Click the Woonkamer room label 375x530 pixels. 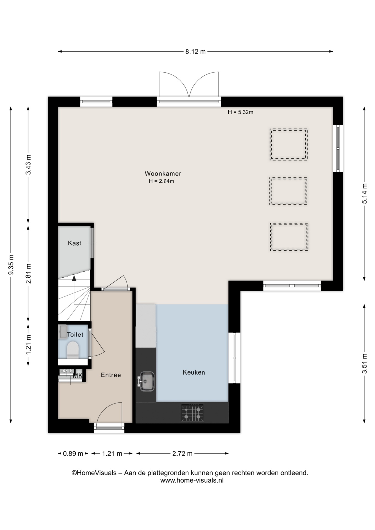(x=163, y=174)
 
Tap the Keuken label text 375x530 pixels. (x=194, y=372)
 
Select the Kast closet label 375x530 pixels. (x=75, y=243)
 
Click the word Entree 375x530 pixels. (x=111, y=375)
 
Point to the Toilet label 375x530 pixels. (x=75, y=335)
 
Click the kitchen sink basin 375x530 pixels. (x=147, y=381)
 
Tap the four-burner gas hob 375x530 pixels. (x=192, y=413)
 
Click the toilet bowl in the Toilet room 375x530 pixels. (x=73, y=350)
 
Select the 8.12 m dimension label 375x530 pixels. (x=196, y=52)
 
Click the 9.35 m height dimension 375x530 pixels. (x=11, y=265)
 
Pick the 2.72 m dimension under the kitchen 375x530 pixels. (x=182, y=454)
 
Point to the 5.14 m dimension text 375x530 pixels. (x=365, y=194)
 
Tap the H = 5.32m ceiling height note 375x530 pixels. (x=241, y=112)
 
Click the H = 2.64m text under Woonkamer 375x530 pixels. (x=162, y=181)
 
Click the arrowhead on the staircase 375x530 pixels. (x=74, y=278)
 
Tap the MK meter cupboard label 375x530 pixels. (x=78, y=376)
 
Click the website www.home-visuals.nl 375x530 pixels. (x=192, y=481)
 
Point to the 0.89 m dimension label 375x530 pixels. (x=73, y=454)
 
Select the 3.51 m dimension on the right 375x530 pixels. (x=365, y=364)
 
